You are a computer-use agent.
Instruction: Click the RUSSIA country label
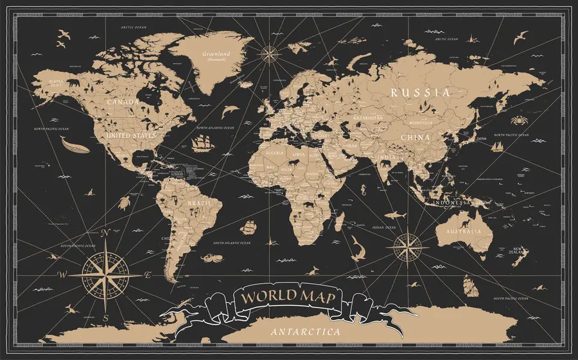420,92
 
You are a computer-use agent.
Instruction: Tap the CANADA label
123,102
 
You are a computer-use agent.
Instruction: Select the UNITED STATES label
131,136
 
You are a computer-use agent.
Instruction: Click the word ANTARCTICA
306,332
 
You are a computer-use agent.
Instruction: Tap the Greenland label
216,55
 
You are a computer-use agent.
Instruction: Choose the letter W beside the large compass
62,275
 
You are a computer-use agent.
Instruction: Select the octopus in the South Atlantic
209,259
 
